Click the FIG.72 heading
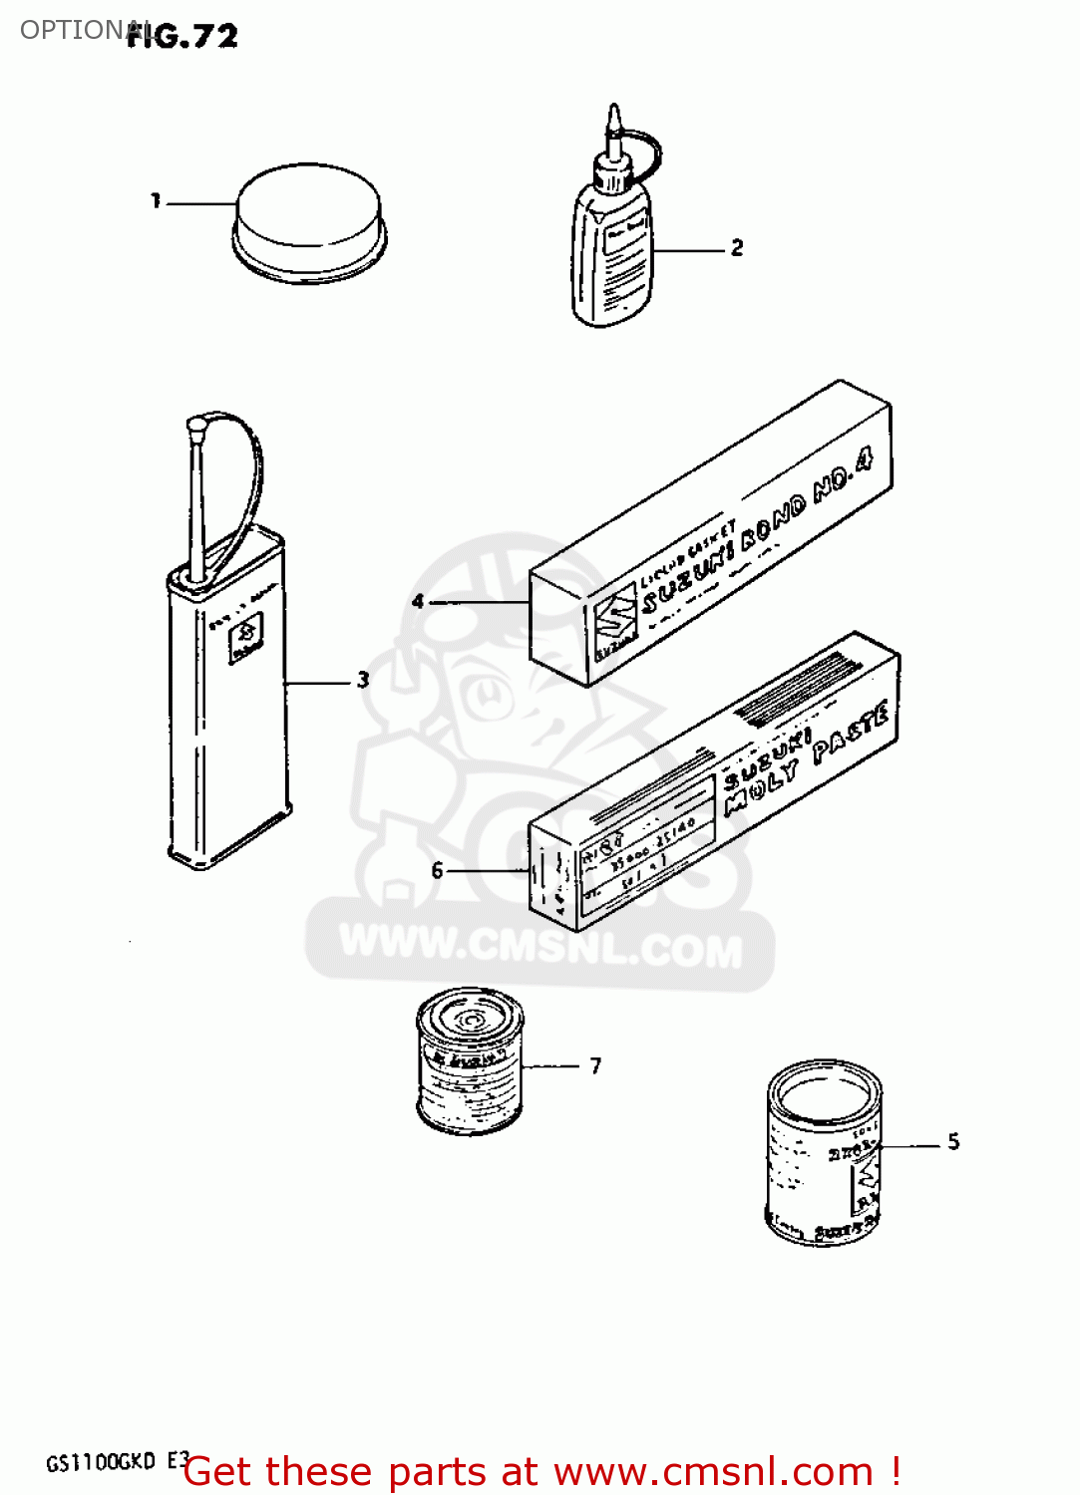tap(182, 36)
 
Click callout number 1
tap(156, 201)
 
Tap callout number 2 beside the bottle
tap(737, 247)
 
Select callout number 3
tap(363, 680)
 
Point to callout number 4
tap(418, 601)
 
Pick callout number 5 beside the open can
tap(953, 1142)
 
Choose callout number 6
tap(437, 870)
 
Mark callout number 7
tap(595, 1065)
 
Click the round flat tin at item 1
tap(309, 221)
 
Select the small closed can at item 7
tap(469, 1061)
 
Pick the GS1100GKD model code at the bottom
tap(101, 1462)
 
